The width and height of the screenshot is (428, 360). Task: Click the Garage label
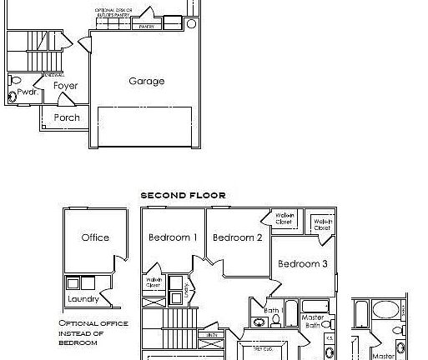(146, 82)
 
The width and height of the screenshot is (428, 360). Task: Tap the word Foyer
(65, 86)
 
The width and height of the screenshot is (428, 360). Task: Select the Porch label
(67, 117)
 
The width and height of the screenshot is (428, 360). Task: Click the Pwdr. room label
(27, 92)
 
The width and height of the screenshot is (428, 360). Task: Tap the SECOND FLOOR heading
(183, 195)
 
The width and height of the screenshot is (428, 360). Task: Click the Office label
(95, 237)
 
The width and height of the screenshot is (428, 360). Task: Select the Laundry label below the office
(84, 298)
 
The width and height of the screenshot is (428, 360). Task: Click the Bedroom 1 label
(173, 237)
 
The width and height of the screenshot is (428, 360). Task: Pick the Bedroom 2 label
(237, 237)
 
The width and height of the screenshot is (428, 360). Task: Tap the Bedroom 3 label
(303, 264)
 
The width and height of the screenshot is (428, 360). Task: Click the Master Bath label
(313, 321)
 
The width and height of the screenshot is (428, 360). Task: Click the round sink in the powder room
(12, 97)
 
